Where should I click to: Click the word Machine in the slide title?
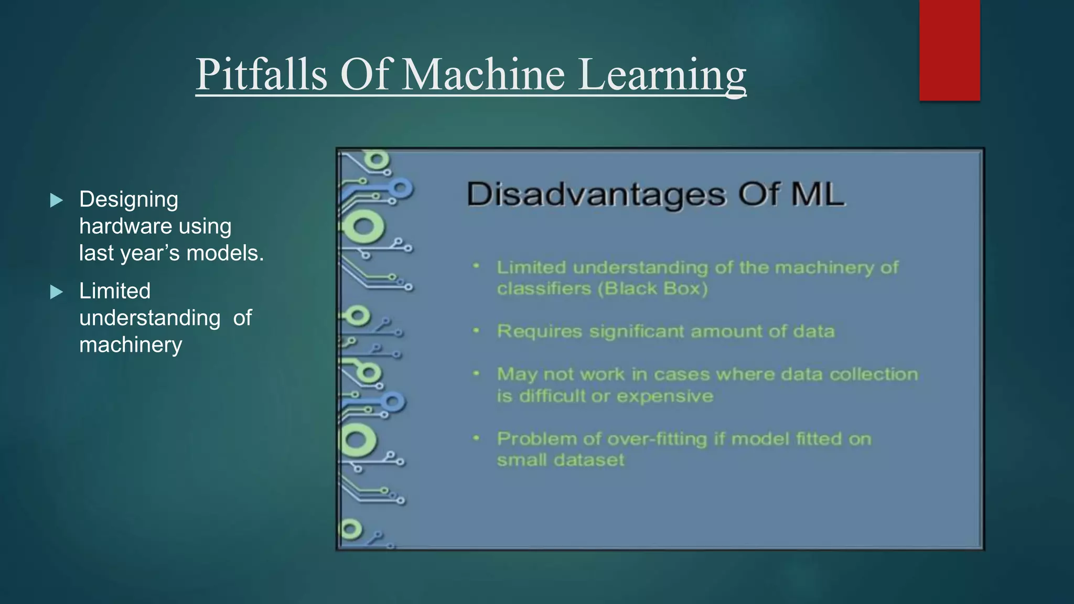pos(483,74)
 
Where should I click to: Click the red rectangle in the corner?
pos(949,50)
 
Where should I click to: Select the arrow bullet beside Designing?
pos(57,200)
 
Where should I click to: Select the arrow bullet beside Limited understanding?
pos(57,292)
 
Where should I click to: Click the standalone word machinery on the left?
pos(131,345)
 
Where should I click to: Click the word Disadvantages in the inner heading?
pos(596,195)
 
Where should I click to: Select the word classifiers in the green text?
pos(543,289)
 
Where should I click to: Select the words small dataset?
pos(560,460)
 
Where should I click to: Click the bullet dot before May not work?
pos(476,374)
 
